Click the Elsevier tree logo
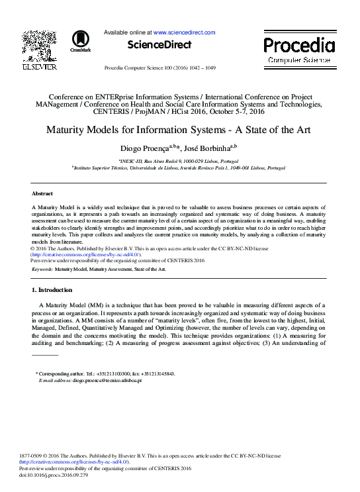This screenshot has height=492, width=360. point(39,45)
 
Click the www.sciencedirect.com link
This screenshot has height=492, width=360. point(185,32)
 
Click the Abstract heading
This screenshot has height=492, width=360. point(42,193)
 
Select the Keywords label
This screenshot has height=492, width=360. point(42,270)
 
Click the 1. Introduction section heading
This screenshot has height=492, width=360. point(57,290)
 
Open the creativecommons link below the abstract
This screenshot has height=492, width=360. point(86,254)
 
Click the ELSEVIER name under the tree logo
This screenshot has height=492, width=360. point(39,67)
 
